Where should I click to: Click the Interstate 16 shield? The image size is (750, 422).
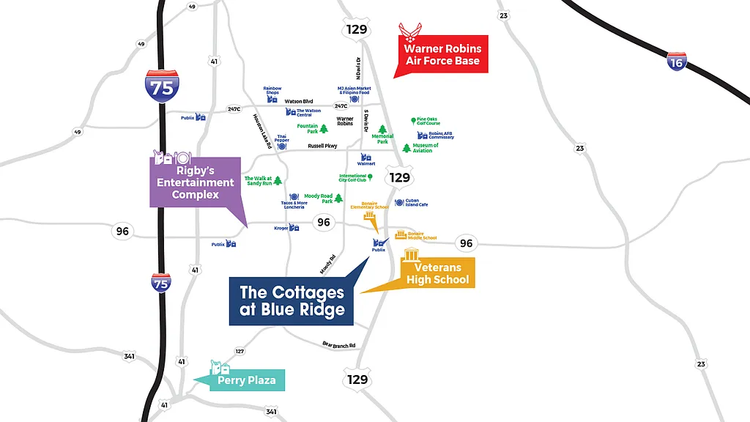[x=676, y=61]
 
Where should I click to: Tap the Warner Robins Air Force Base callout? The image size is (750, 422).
[x=442, y=55]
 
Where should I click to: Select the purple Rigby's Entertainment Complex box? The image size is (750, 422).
[x=196, y=182]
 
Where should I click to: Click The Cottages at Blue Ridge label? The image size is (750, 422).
[x=292, y=300]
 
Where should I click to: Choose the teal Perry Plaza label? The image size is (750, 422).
[x=246, y=381]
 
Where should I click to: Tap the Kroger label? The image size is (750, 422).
[x=281, y=229]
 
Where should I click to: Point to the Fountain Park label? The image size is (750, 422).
[x=308, y=128]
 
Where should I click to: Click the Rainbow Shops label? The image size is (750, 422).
[x=272, y=91]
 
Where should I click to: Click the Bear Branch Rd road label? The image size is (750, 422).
[x=338, y=344]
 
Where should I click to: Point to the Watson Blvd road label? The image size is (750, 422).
[x=298, y=101]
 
